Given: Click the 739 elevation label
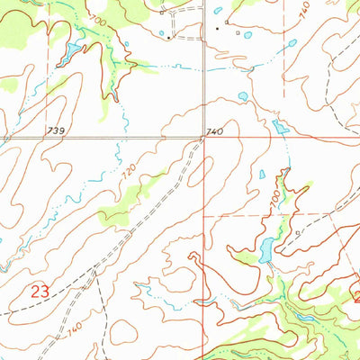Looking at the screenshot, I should coord(56,131).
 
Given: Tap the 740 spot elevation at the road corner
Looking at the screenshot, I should coord(213,132).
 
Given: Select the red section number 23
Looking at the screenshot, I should coord(39,292).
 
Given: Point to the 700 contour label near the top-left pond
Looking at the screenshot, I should coord(96,19).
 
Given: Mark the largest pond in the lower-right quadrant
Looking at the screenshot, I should coord(266,250).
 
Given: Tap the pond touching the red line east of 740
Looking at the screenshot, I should coord(279,127).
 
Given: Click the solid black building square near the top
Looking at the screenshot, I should coord(216,27).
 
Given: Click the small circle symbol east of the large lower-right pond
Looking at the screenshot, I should coord(298,231).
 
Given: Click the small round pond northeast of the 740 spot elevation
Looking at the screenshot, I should coord(242,95).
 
